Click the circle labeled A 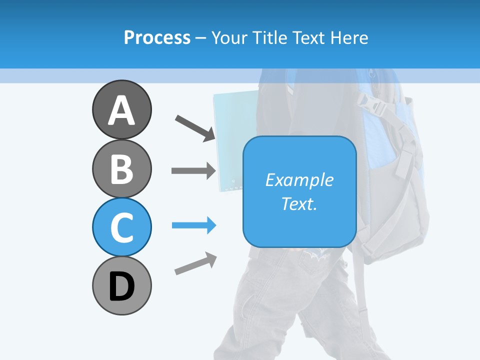[121, 109]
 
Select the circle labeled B [121, 168]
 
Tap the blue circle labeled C [121, 227]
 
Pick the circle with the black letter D [121, 285]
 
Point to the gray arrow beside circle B [194, 170]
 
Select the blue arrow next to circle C [194, 225]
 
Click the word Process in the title [157, 37]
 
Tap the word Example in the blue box [299, 180]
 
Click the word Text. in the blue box [299, 204]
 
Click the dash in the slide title [201, 38]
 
